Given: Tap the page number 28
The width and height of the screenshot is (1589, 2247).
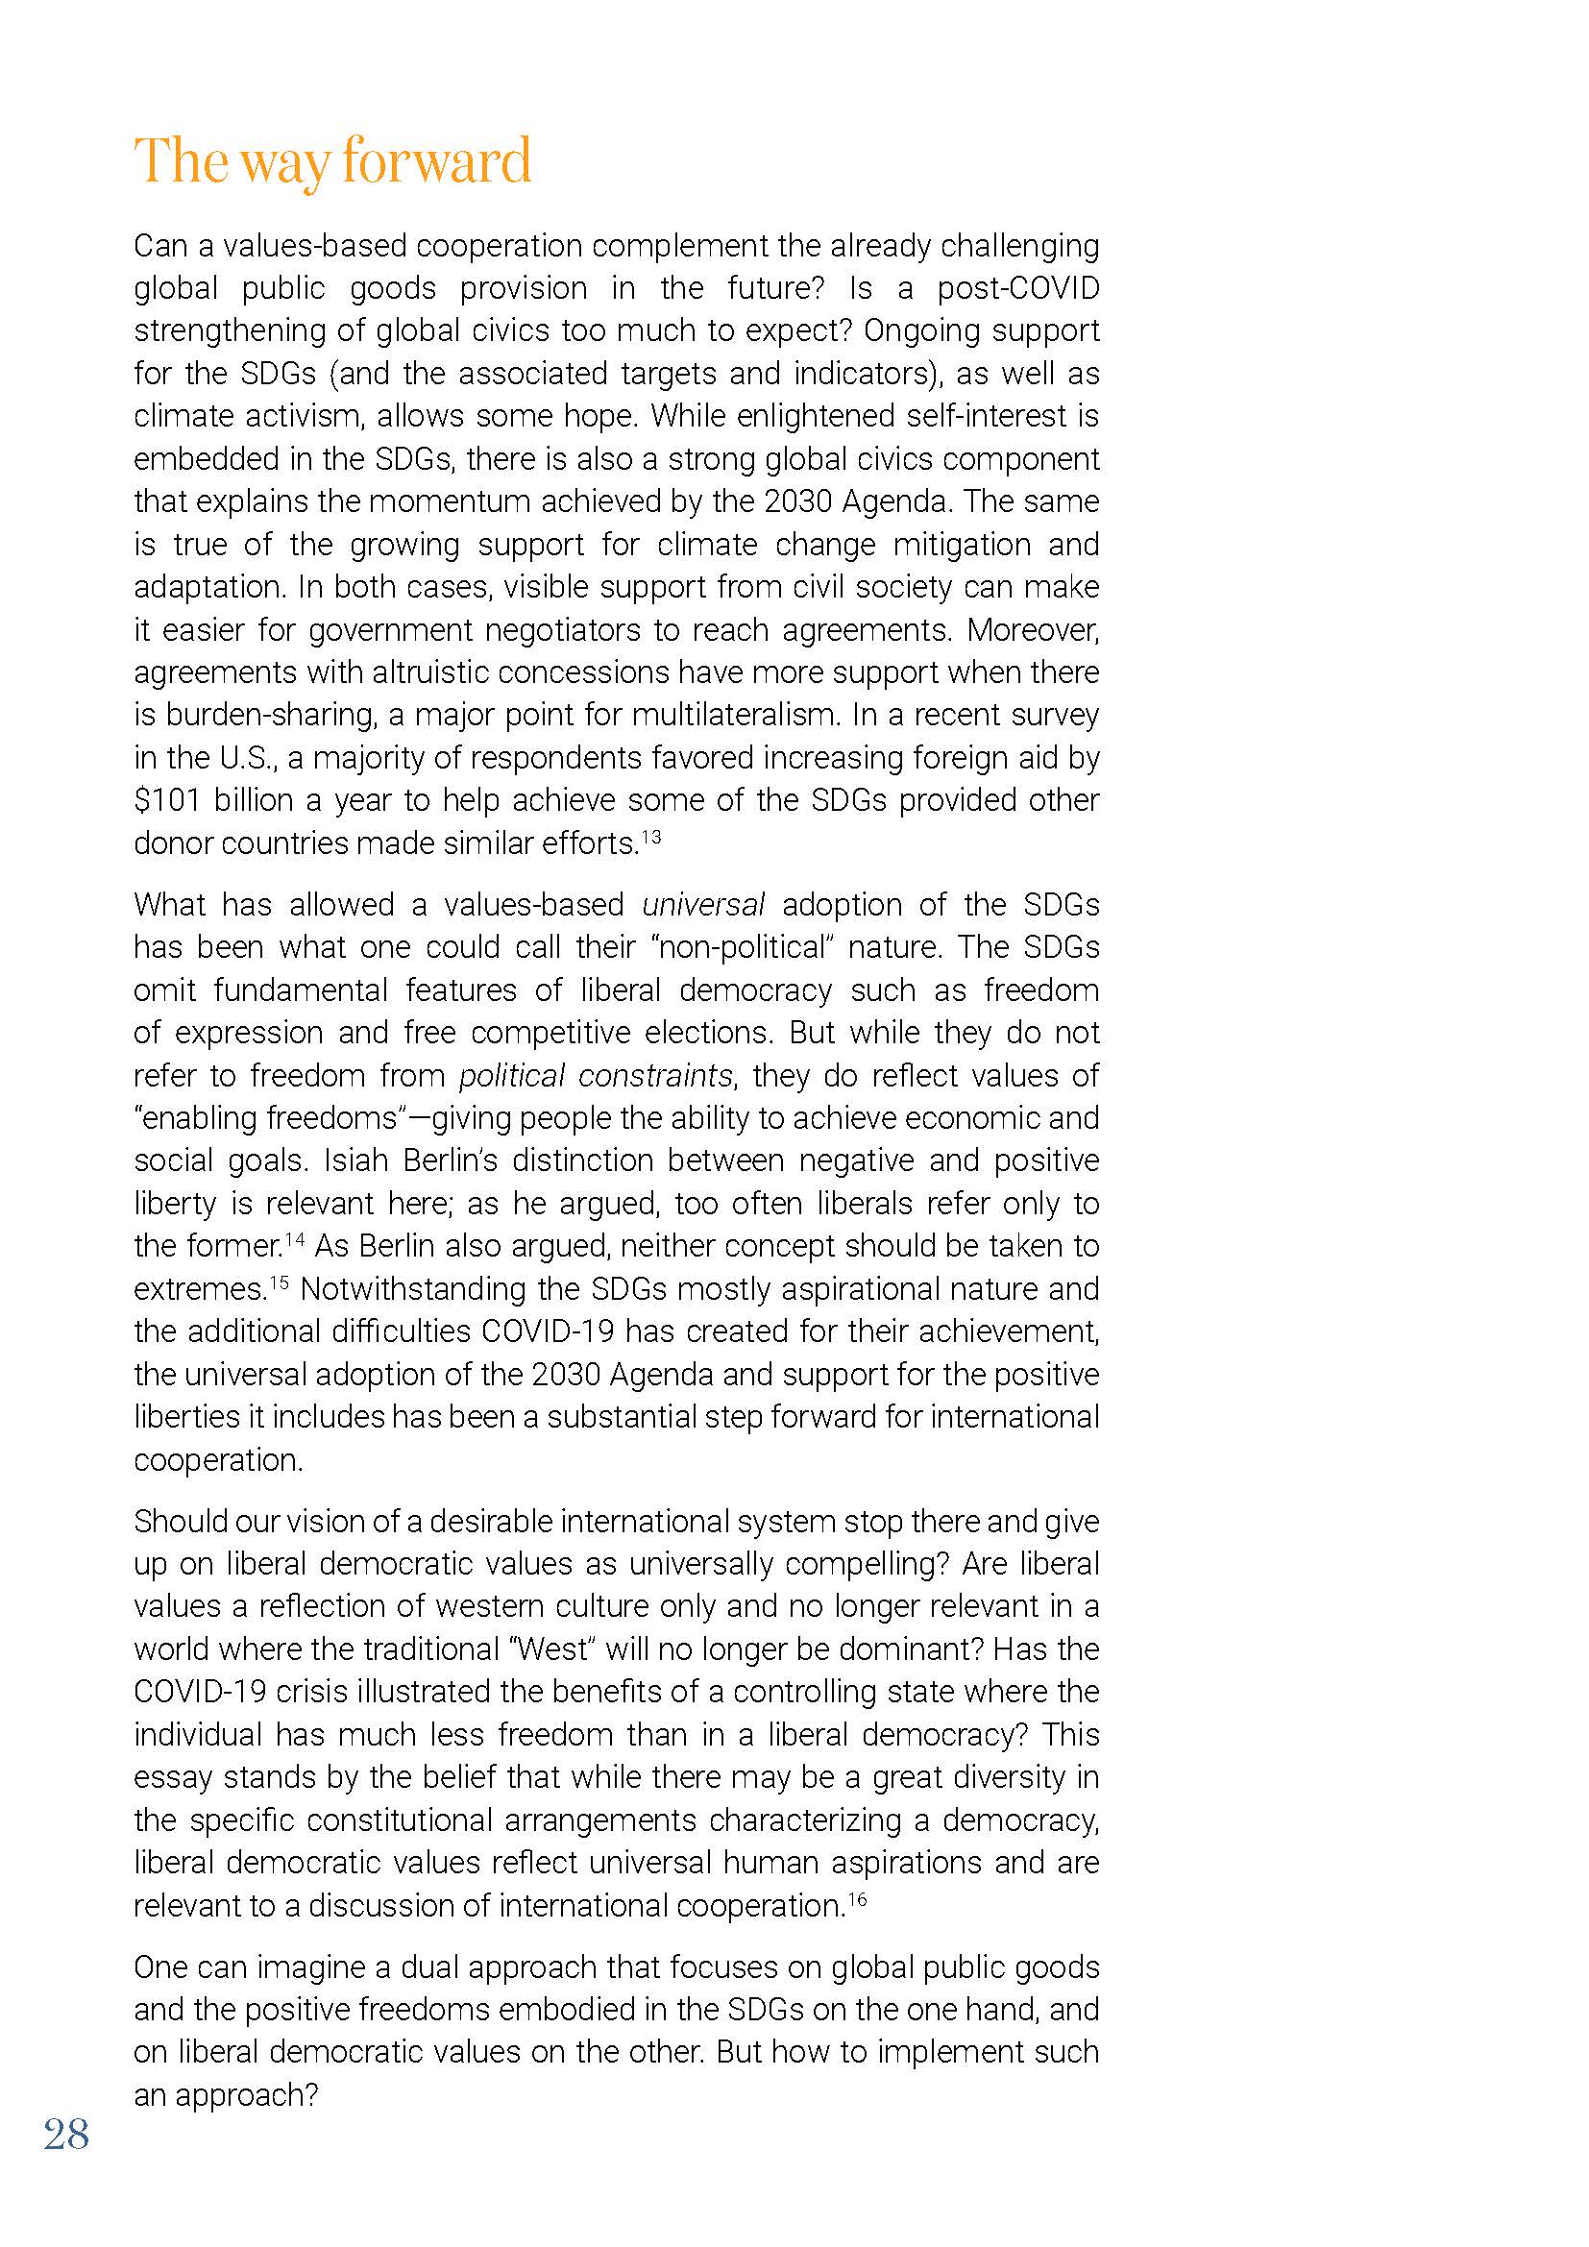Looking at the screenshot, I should pyautogui.click(x=66, y=2134).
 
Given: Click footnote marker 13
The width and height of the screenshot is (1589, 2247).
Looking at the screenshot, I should pyautogui.click(x=650, y=836).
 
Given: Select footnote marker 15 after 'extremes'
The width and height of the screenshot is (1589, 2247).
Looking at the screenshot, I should pyautogui.click(x=280, y=1282).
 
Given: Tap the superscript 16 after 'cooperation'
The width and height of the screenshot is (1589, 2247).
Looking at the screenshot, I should pyautogui.click(x=857, y=1898).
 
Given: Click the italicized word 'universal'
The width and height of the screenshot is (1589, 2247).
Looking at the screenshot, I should pyautogui.click(x=702, y=904).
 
